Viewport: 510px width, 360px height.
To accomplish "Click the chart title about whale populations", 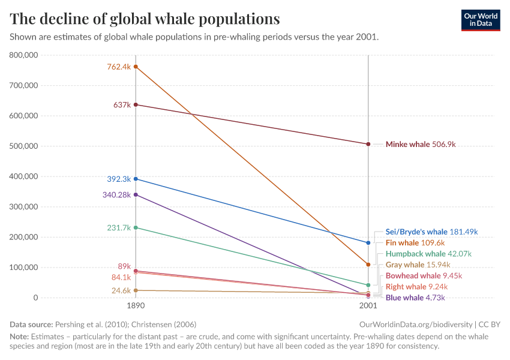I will pyautogui.click(x=145, y=19).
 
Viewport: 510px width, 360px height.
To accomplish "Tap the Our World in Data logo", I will pyautogui.click(x=480, y=19).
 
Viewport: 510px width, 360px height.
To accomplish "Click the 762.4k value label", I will pyautogui.click(x=119, y=67).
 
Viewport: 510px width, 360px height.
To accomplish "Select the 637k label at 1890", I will pyautogui.click(x=122, y=104).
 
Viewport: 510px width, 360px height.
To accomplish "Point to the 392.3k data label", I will pyautogui.click(x=119, y=179).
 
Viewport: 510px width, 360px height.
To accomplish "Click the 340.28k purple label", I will pyautogui.click(x=116, y=194).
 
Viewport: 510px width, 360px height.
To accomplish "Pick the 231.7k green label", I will pyautogui.click(x=119, y=227).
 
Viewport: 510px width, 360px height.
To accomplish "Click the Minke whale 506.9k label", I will pyautogui.click(x=421, y=144).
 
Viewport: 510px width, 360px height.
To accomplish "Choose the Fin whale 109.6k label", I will pyautogui.click(x=415, y=242).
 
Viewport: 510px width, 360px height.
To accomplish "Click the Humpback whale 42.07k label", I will pyautogui.click(x=428, y=254).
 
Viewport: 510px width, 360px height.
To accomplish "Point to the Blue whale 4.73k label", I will pyautogui.click(x=416, y=297).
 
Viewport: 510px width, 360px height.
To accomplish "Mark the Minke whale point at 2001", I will pyautogui.click(x=368, y=144).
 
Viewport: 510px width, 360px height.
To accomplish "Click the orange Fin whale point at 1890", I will pyautogui.click(x=136, y=67).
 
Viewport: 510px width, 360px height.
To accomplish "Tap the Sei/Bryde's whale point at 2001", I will pyautogui.click(x=368, y=242).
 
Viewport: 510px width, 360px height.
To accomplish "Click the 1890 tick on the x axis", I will pyautogui.click(x=136, y=305).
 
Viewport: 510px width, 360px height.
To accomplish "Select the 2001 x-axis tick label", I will pyautogui.click(x=368, y=305).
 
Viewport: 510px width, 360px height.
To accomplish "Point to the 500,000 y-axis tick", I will pyautogui.click(x=24, y=146).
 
